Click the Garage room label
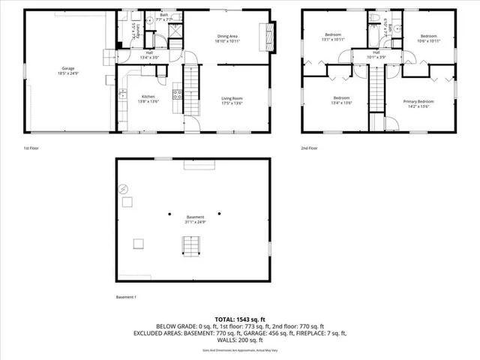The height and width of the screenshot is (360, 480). click(x=68, y=68)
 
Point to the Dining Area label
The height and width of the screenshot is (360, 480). click(x=227, y=36)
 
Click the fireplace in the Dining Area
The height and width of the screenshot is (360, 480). click(x=263, y=33)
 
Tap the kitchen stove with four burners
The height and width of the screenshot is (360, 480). click(x=178, y=94)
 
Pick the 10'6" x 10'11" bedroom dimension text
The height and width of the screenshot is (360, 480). click(x=428, y=40)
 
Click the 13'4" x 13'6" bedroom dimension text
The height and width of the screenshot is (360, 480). click(x=342, y=103)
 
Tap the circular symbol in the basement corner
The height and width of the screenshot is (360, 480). click(x=124, y=190)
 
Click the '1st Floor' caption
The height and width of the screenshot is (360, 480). click(x=31, y=148)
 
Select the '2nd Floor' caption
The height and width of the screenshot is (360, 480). click(x=309, y=148)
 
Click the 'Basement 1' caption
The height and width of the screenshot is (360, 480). click(x=125, y=298)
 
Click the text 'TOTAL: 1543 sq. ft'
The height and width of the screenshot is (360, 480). click(x=240, y=319)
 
